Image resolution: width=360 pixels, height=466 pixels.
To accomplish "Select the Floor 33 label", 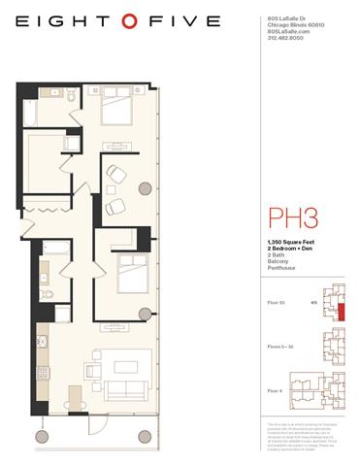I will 275,303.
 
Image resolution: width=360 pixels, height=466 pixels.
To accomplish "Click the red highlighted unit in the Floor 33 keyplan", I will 341,312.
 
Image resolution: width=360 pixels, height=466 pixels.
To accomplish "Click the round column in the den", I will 145,188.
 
